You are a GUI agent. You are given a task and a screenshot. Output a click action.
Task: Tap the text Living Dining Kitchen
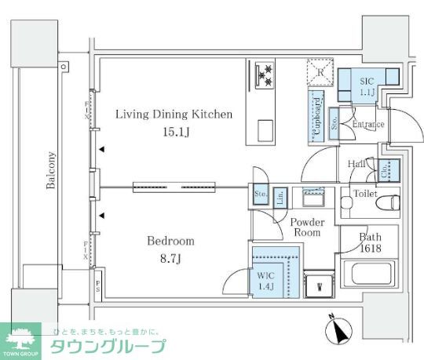174,115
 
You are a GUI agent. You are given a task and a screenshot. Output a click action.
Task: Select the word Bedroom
171,241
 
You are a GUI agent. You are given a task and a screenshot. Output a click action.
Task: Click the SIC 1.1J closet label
367,86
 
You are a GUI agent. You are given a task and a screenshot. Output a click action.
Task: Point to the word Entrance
368,125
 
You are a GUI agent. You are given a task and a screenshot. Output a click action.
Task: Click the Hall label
355,164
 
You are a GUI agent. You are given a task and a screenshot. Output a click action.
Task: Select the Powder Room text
307,227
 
